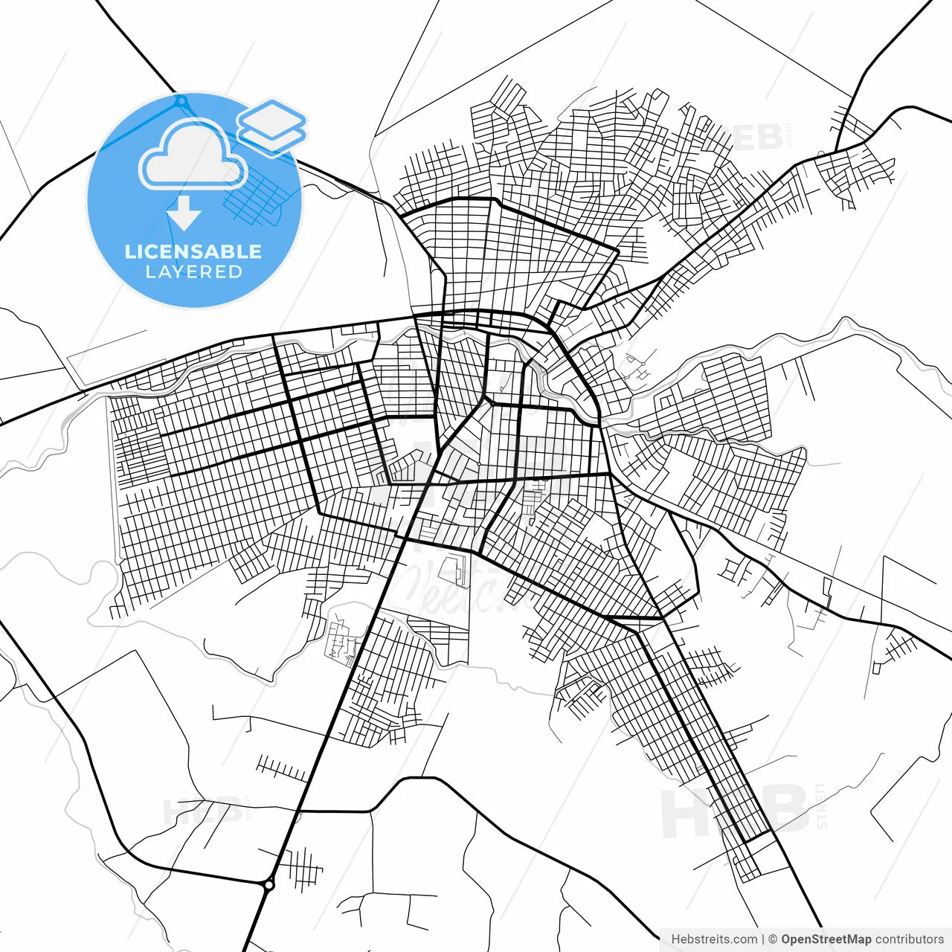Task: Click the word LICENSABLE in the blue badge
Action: coord(193,251)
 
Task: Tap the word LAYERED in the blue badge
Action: coord(193,272)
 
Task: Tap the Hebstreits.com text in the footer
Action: coord(714,939)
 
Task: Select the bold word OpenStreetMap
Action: coord(826,939)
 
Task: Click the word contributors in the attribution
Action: coord(910,939)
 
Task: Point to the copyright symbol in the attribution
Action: coord(773,939)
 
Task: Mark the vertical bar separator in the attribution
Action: coord(763,939)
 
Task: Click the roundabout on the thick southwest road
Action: coord(268,884)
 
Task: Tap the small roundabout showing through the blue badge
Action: coord(181,100)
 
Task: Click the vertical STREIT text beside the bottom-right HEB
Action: coord(821,805)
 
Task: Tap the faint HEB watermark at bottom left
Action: coord(201,811)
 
